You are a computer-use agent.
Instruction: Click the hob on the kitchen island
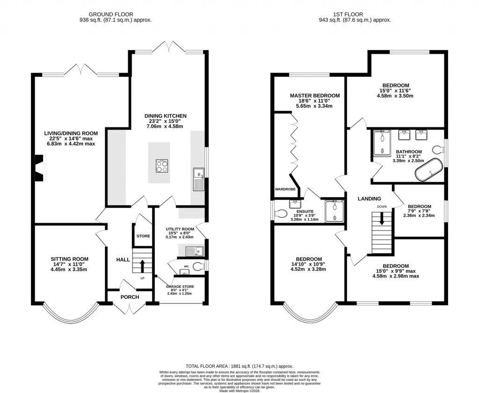[x=162, y=166]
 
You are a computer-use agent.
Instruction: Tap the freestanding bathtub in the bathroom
[x=428, y=171]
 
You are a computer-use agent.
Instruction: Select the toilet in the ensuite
[x=281, y=213]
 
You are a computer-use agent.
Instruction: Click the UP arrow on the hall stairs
[x=143, y=265]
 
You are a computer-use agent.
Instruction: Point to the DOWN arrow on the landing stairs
[x=382, y=219]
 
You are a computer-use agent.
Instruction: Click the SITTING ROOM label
[x=69, y=259]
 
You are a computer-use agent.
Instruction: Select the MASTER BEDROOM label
[x=314, y=95]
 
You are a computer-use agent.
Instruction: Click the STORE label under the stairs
[x=143, y=236]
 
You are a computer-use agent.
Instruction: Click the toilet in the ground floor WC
[x=198, y=267]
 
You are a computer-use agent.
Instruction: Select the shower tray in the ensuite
[x=334, y=210]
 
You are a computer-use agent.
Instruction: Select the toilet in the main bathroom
[x=438, y=150]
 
